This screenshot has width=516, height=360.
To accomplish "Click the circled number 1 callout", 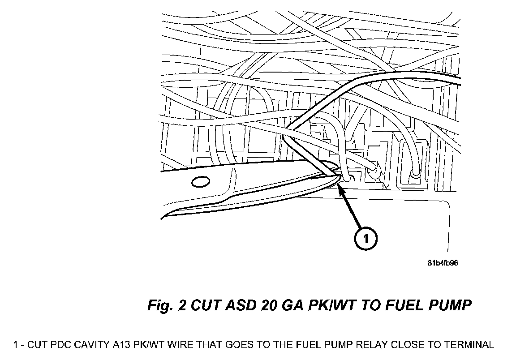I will pyautogui.click(x=365, y=239).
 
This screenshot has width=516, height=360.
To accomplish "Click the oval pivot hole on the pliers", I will pyautogui.click(x=200, y=182).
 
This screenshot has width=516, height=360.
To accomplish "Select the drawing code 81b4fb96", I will pyautogui.click(x=443, y=263).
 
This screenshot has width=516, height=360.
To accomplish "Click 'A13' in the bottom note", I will pyautogui.click(x=121, y=345).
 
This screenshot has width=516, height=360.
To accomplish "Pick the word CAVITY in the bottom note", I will pyautogui.click(x=94, y=345).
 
